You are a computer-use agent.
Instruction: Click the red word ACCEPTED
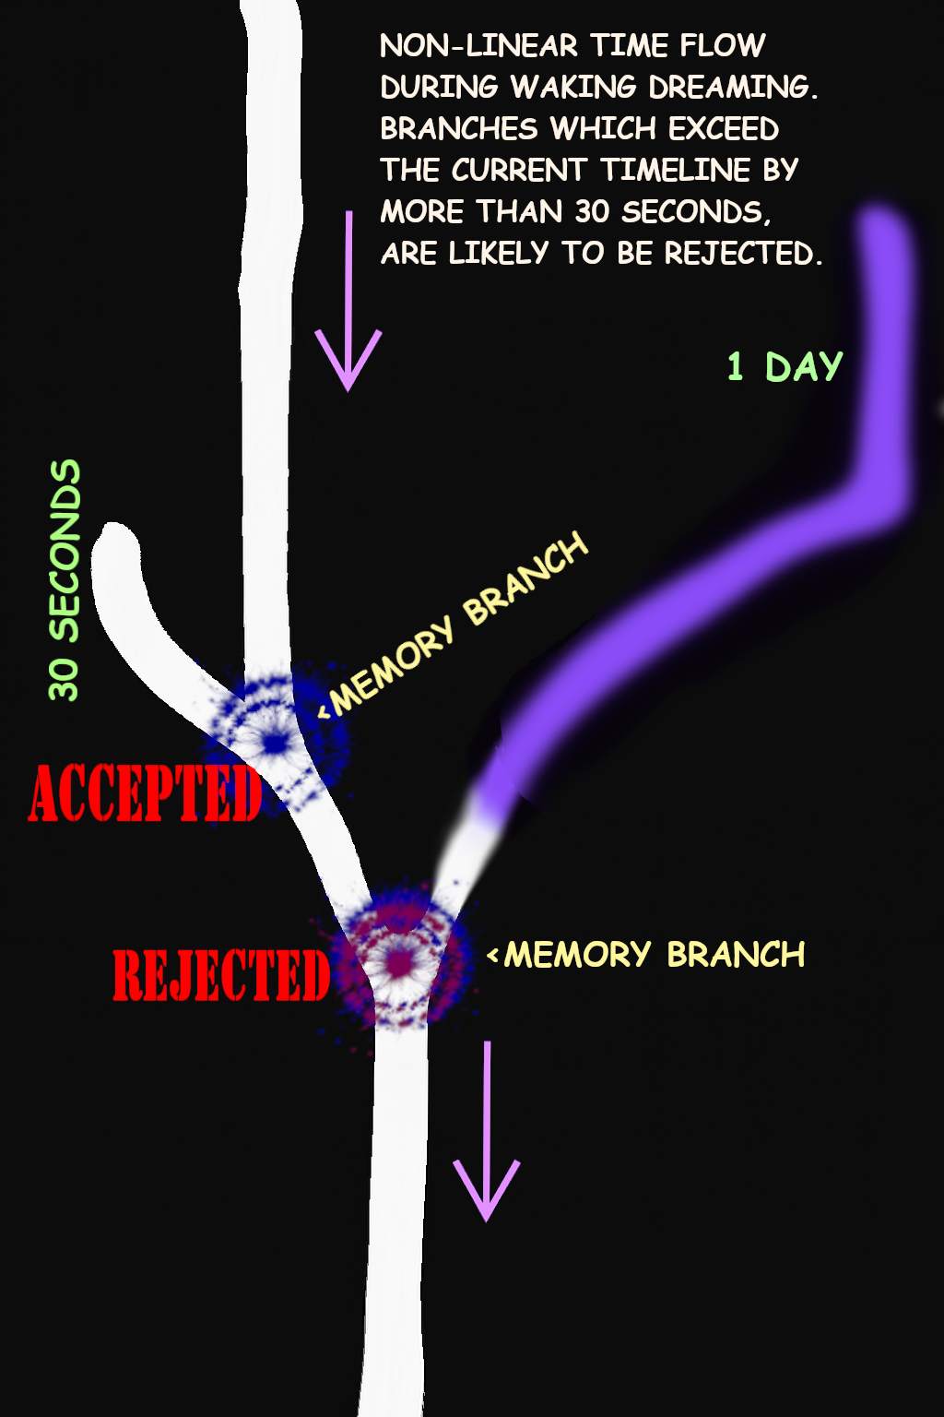[x=145, y=793]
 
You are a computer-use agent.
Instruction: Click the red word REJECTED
[x=221, y=976]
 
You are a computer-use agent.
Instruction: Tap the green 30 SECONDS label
[x=65, y=580]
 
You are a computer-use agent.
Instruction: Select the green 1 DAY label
[x=785, y=367]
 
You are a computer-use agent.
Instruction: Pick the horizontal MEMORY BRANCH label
[x=654, y=955]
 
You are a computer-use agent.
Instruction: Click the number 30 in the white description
[x=592, y=212]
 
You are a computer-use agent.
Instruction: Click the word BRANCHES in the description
[x=458, y=129]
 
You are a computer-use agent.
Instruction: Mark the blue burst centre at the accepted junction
[x=274, y=742]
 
